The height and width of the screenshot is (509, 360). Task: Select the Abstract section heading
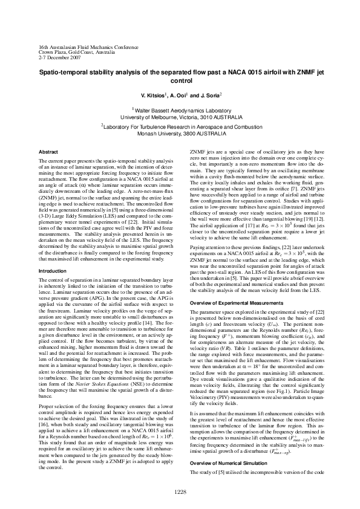pos(48,151)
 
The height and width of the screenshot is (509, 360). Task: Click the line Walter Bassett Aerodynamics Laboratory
pos(180,111)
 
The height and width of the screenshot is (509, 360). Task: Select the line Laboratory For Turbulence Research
pos(180,126)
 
